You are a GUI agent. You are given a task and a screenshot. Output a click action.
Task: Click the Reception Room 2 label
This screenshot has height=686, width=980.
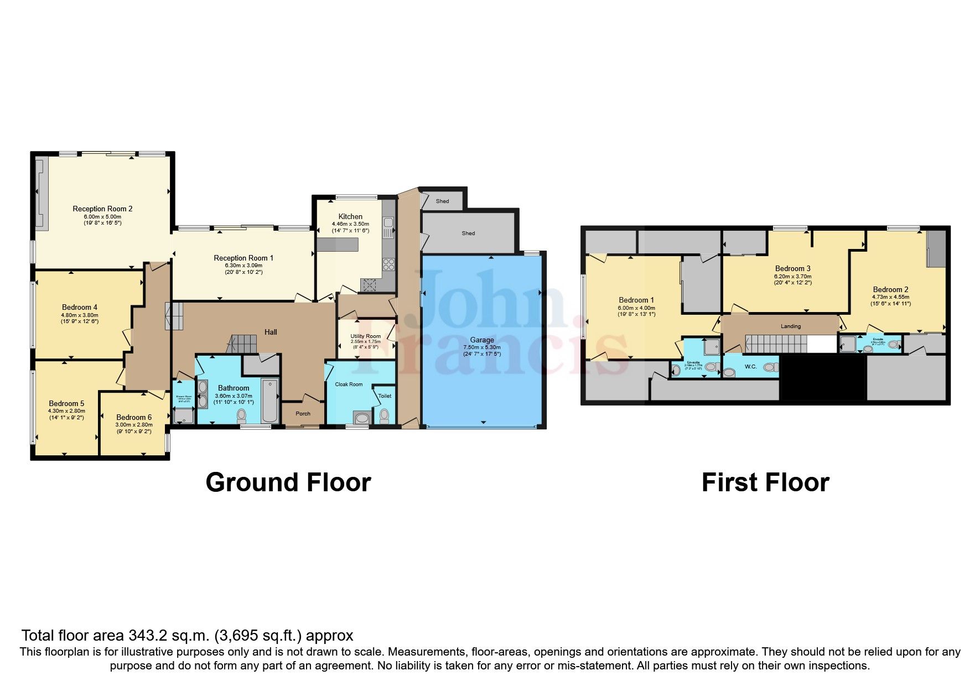tap(102, 209)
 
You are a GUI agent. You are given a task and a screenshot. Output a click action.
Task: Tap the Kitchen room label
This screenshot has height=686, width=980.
tap(350, 216)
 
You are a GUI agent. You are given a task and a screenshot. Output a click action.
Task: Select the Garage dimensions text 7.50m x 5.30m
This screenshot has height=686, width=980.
tap(481, 347)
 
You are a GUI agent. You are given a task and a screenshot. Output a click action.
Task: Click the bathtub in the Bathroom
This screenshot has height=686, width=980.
tap(270, 401)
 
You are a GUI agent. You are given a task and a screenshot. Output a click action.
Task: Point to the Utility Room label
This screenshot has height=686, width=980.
tap(365, 336)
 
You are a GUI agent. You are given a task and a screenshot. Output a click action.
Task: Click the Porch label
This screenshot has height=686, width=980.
tap(303, 413)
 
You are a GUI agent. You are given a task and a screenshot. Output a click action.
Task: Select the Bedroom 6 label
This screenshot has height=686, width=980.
tap(134, 417)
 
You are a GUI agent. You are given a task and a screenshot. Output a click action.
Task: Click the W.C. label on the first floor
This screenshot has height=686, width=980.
tap(750, 367)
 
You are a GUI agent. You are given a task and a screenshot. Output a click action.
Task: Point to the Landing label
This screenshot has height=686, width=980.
tap(790, 326)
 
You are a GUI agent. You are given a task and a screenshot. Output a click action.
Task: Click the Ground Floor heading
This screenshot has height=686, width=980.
tap(288, 482)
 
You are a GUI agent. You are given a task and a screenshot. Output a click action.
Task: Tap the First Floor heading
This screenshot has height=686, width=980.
tap(765, 482)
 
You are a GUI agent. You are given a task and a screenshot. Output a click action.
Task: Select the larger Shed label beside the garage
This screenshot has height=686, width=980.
tap(468, 233)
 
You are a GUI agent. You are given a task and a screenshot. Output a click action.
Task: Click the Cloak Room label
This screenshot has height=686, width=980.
tap(349, 384)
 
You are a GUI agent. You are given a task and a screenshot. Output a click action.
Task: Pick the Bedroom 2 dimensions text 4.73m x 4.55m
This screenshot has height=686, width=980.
tap(890, 297)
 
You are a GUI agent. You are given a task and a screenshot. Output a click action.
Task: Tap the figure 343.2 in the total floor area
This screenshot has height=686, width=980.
tap(148, 635)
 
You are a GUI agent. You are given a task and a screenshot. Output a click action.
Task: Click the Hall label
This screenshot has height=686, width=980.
tap(271, 332)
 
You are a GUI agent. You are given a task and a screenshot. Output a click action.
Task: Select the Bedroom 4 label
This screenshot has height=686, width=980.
tap(80, 307)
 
